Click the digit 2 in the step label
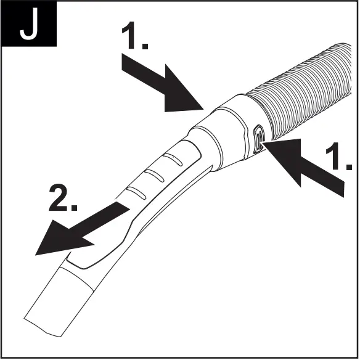pyautogui.click(x=60, y=199)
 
